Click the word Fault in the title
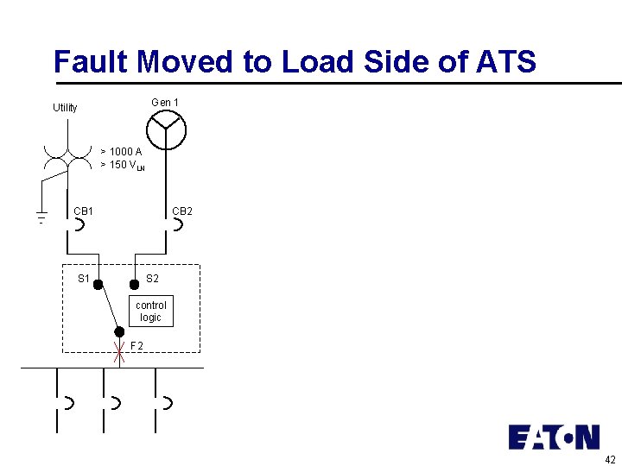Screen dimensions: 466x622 coord(91,62)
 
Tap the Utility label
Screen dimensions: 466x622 coord(65,108)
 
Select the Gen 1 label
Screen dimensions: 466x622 coord(165,103)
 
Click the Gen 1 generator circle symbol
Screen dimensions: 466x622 coord(166,130)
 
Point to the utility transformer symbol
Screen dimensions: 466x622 coord(68,154)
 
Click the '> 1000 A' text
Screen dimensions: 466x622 coord(121,152)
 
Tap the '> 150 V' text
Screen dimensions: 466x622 coord(122,165)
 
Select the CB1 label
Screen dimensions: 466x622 coord(84,211)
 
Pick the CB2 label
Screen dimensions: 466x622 coord(182,211)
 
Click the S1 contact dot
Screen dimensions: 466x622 coord(98,284)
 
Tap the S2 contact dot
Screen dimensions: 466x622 coord(134,284)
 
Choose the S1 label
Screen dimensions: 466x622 coord(84,279)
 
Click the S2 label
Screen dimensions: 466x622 coord(152,279)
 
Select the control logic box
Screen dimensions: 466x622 coord(151,312)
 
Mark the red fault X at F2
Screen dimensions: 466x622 coord(119,352)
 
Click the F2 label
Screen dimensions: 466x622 coord(136,347)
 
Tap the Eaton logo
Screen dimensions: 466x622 coord(554,437)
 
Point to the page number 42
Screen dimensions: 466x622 coord(610,459)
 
